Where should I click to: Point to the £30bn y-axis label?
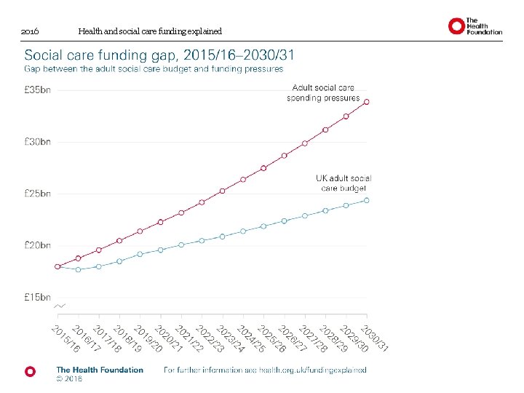click(38, 142)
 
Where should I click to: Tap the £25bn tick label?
click(38, 194)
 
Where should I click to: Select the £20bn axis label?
click(38, 245)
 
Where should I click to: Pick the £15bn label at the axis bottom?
click(38, 297)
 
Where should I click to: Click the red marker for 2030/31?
click(367, 102)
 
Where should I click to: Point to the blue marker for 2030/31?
click(367, 200)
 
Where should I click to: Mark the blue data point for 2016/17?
click(79, 269)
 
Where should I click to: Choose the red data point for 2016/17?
click(79, 258)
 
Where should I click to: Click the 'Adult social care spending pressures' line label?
click(323, 92)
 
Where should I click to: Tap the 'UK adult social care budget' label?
click(344, 183)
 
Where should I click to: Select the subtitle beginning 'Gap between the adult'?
click(154, 69)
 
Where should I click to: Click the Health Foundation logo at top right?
click(475, 27)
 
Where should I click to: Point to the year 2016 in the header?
click(30, 32)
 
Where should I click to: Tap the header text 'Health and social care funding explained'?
click(149, 32)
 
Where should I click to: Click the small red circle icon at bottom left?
click(30, 371)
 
